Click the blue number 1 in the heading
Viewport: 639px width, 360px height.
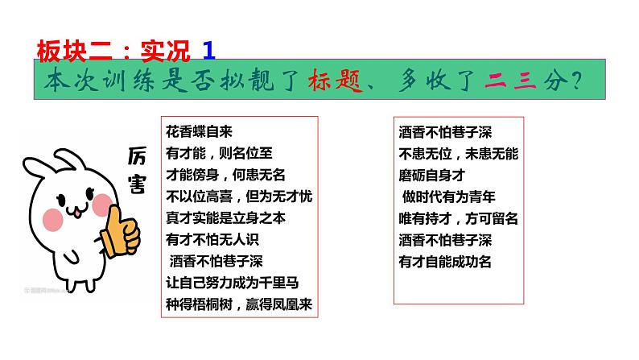[209, 51]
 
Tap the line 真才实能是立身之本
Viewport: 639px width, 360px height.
[226, 217]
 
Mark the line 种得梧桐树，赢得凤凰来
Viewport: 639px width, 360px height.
[238, 304]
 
